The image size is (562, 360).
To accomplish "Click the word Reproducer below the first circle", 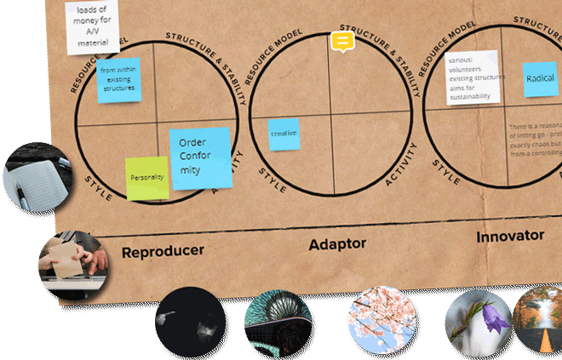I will pos(163,252).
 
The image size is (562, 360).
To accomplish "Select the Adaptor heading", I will pos(336,243).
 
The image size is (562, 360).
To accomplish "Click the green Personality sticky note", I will pos(146,178).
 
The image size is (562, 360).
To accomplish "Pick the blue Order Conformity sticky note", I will pos(200,157).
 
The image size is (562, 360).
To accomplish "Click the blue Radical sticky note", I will pos(540,77).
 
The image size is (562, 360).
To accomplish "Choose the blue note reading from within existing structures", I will pos(118,80).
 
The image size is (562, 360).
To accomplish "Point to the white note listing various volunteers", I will pos(471,77).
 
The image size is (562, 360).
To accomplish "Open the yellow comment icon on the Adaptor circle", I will pos(341,41).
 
